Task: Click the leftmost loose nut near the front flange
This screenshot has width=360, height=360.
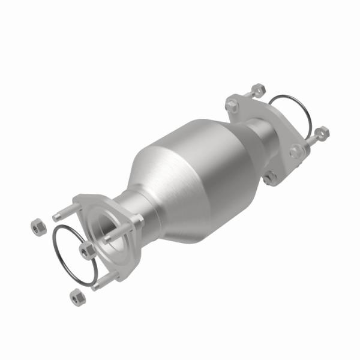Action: tap(35, 226)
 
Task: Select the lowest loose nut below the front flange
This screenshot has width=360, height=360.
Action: tap(75, 295)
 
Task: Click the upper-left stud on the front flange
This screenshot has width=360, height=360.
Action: tap(61, 214)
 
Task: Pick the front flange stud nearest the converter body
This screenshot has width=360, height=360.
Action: tap(125, 230)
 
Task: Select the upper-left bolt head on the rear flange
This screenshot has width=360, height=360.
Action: tap(232, 106)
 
